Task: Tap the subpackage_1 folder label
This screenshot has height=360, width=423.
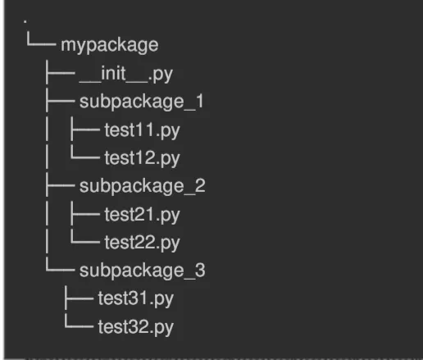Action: point(141,102)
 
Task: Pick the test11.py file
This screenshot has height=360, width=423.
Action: point(141,130)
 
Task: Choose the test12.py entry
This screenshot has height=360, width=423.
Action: point(141,157)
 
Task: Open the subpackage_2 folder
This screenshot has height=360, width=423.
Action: point(142,186)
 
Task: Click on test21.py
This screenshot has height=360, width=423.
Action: point(142,215)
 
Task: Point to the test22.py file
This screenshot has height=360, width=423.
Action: point(142,243)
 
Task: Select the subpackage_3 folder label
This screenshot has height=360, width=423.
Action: point(142,271)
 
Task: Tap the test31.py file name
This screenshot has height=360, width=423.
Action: point(135,299)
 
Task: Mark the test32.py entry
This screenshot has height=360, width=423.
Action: point(135,328)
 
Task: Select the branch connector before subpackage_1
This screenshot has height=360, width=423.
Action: point(60,102)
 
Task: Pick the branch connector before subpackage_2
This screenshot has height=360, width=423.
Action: point(60,186)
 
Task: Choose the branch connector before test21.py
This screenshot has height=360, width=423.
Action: point(84,215)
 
